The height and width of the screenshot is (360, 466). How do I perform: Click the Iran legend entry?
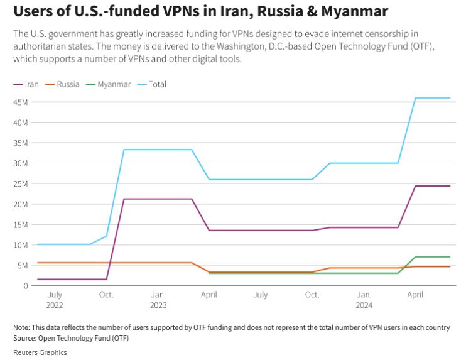[31, 84]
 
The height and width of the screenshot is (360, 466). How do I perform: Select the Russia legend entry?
[67, 84]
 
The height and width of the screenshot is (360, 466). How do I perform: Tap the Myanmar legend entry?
[114, 84]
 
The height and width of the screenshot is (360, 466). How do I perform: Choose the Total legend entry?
[157, 84]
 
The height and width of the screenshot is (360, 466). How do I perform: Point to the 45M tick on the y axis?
[19, 102]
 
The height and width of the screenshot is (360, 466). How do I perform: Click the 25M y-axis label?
[19, 183]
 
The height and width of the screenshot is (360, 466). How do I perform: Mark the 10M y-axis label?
[19, 244]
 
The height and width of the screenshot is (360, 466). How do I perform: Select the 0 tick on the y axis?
[24, 285]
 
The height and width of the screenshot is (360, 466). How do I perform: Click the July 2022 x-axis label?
[55, 300]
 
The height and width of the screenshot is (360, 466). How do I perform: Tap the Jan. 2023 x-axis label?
[158, 300]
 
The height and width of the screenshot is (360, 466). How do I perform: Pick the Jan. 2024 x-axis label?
[364, 300]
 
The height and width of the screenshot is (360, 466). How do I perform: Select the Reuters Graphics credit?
[40, 352]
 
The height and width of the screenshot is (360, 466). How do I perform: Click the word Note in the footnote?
[21, 328]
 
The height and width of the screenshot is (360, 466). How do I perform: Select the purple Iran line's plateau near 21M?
[157, 199]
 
